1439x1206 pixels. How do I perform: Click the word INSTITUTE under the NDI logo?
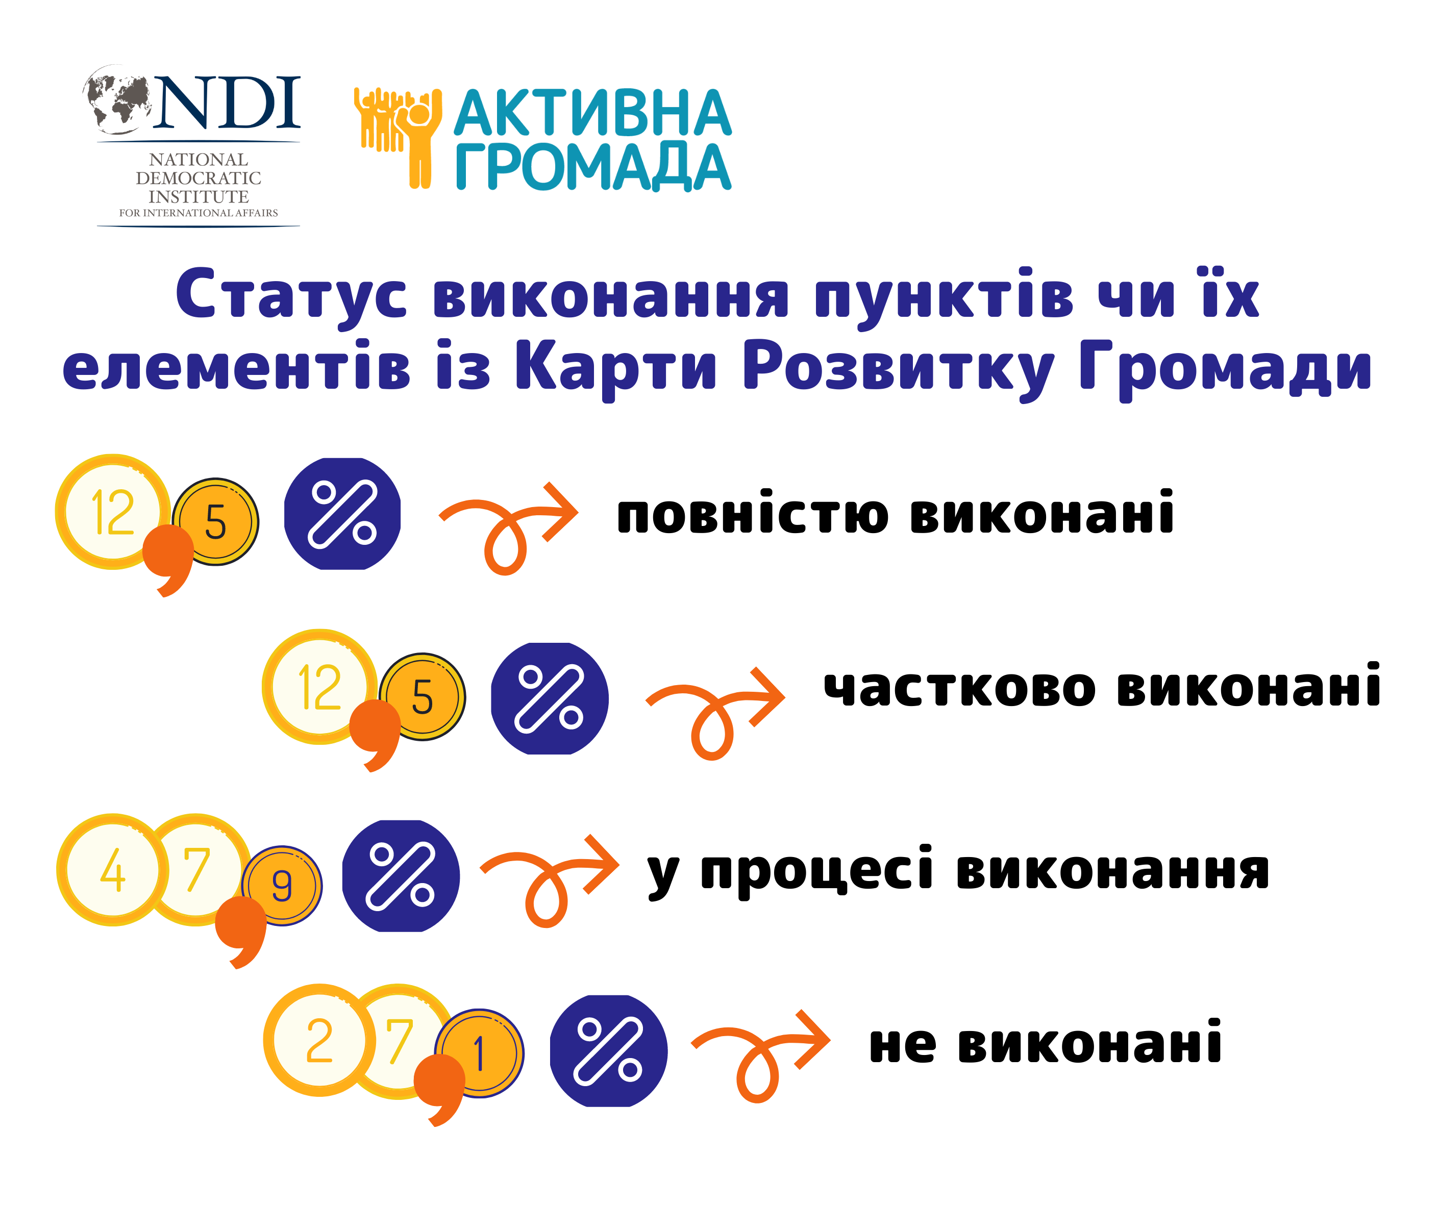click(x=199, y=196)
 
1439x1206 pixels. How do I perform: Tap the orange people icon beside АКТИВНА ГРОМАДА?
click(x=398, y=137)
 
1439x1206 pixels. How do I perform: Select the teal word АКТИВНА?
click(x=593, y=113)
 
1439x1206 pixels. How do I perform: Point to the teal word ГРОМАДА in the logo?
click(x=593, y=166)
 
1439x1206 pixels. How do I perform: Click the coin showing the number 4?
click(x=113, y=870)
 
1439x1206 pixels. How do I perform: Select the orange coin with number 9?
click(x=282, y=886)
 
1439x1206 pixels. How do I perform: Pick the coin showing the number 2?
click(x=319, y=1040)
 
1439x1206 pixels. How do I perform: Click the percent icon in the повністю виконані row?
click(x=342, y=514)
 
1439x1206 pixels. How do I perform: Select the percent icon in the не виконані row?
click(x=608, y=1051)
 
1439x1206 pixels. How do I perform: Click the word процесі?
click(x=816, y=870)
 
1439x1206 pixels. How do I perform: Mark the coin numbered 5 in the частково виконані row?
click(x=423, y=697)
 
